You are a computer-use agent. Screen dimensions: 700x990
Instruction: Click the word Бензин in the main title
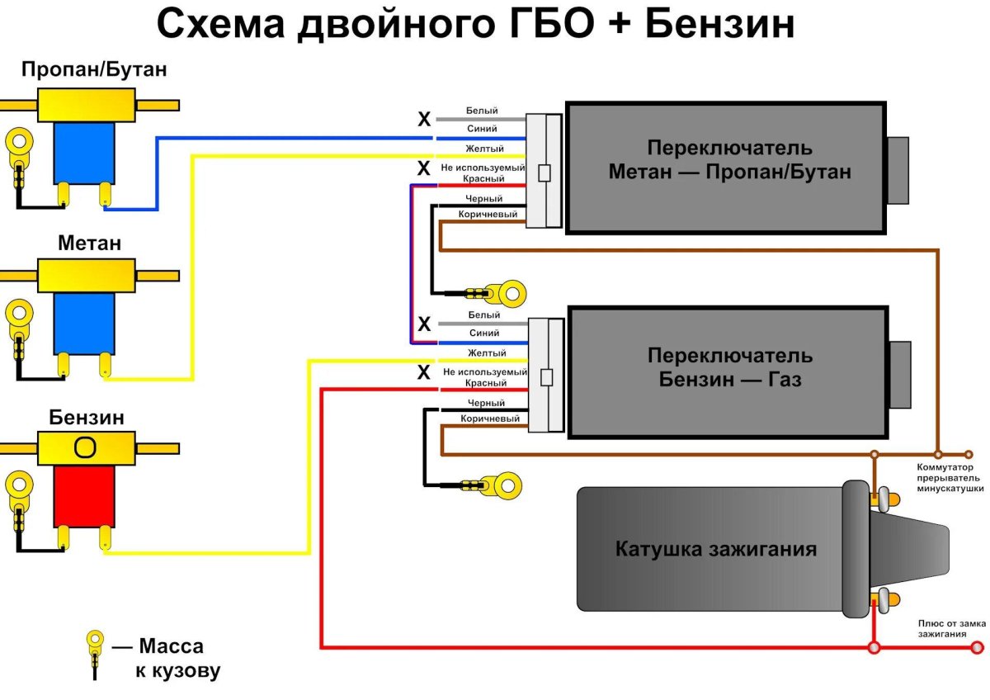(719, 25)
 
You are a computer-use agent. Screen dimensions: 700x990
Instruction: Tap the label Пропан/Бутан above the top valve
(94, 69)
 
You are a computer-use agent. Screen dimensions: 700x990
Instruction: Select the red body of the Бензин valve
(83, 495)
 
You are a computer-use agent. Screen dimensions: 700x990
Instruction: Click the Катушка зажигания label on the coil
(716, 549)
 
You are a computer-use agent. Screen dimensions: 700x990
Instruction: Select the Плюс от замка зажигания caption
(951, 629)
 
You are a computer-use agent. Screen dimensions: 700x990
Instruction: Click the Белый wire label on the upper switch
(482, 111)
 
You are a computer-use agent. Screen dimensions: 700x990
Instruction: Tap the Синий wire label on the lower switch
(483, 333)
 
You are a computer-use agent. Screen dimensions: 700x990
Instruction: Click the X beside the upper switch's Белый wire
(424, 120)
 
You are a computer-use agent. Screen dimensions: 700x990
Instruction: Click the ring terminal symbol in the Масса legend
(96, 640)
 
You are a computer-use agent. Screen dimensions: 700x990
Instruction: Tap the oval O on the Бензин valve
(84, 447)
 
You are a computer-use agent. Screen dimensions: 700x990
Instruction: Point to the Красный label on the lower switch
(486, 383)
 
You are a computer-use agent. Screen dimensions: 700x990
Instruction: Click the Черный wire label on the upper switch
(483, 199)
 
